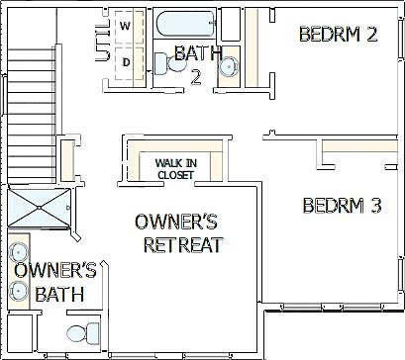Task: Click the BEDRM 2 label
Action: click(338, 35)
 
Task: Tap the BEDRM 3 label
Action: click(342, 207)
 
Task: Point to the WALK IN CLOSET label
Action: click(174, 169)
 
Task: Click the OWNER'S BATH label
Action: click(54, 282)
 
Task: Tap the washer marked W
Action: click(127, 26)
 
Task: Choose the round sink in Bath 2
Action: click(228, 67)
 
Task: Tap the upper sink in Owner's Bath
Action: click(20, 251)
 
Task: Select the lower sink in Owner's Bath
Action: click(20, 291)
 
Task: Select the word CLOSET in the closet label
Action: click(174, 176)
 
